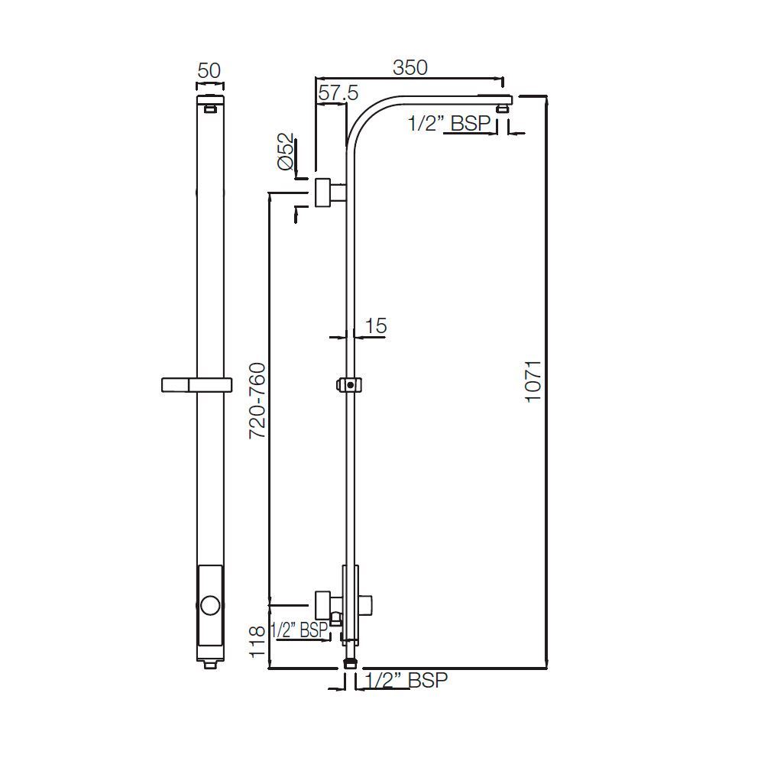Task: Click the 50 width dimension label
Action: click(209, 70)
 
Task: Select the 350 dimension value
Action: click(410, 66)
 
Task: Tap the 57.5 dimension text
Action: click(338, 93)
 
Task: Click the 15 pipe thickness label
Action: click(375, 326)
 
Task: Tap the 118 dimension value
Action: click(258, 641)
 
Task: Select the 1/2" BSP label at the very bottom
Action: click(406, 681)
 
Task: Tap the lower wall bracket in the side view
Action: click(327, 602)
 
